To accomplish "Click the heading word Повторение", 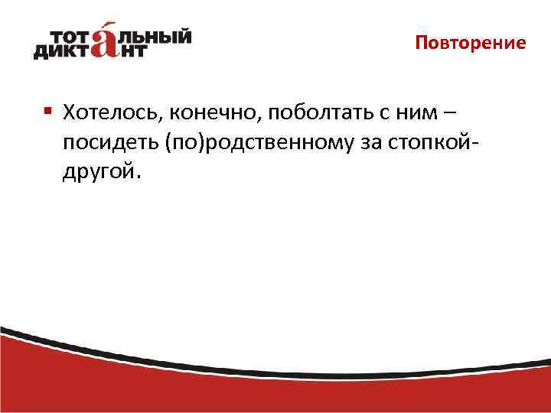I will coord(471,43).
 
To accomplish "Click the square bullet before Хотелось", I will coord(47,112).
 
